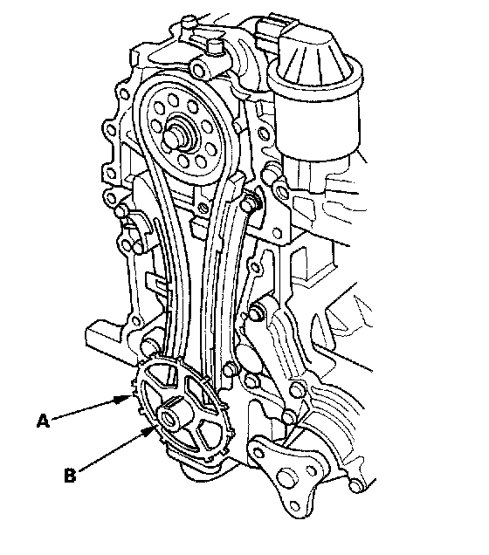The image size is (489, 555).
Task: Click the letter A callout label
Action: [43, 421]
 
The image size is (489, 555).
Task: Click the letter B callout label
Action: [70, 475]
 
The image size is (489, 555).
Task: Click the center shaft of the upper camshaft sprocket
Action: [175, 137]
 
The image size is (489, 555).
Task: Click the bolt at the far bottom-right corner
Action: [355, 486]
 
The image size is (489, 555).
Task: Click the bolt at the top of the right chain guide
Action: [250, 203]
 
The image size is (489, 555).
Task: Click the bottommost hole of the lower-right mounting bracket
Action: [294, 505]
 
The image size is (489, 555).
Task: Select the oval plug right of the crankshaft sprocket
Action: [244, 355]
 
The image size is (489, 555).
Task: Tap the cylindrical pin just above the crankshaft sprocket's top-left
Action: [148, 346]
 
